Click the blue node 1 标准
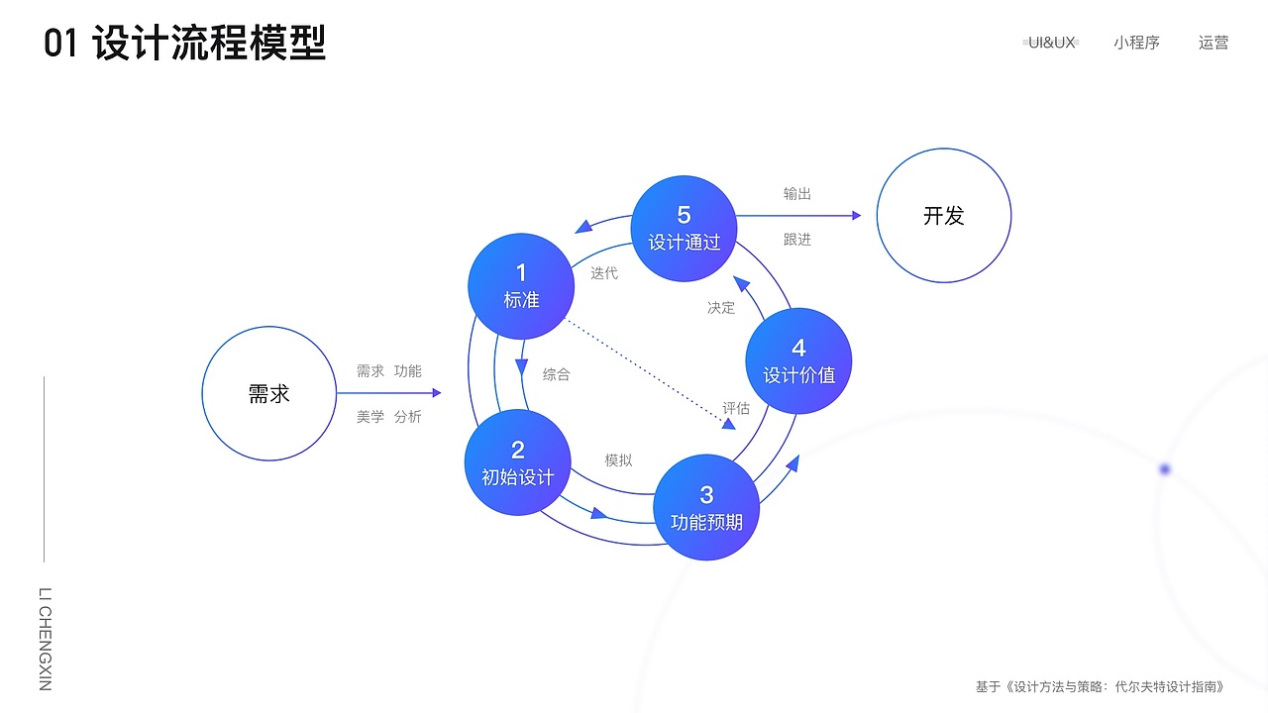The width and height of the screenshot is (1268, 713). [x=521, y=286]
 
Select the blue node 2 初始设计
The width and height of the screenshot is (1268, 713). [x=517, y=462]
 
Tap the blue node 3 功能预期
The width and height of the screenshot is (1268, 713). [x=706, y=507]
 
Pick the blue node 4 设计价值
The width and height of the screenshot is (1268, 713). [x=798, y=360]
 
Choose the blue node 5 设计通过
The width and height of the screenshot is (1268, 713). [x=684, y=229]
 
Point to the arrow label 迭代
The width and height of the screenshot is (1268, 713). [x=604, y=273]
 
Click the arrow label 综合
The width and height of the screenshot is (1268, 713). [x=556, y=374]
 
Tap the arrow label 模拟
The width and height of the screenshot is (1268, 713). [x=618, y=460]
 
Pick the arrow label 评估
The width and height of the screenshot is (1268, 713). [x=736, y=408]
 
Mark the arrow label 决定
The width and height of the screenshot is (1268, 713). [x=720, y=307]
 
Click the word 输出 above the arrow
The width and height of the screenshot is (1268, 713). [x=797, y=193]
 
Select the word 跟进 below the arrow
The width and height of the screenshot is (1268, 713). [x=797, y=240]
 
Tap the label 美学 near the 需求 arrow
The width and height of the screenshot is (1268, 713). [x=370, y=417]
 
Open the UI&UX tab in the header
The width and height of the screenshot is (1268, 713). [x=1051, y=43]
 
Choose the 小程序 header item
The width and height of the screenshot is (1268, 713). [x=1136, y=43]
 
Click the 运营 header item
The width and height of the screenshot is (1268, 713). [x=1214, y=43]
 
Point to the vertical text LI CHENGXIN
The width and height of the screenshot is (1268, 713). [x=46, y=639]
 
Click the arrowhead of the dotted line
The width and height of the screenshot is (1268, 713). [x=729, y=424]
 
